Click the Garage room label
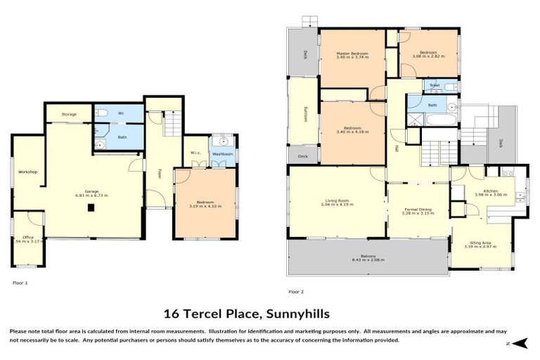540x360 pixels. [x=91, y=191]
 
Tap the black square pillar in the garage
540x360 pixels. [x=91, y=208]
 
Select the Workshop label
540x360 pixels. [x=27, y=172]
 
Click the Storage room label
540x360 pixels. [x=69, y=114]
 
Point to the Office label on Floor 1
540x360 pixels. [x=27, y=238]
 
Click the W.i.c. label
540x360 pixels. [x=195, y=153]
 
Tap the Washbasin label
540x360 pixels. [x=222, y=153]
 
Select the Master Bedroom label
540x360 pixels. [x=352, y=53]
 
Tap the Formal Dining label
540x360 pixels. [x=418, y=209]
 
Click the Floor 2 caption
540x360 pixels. [x=295, y=291]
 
